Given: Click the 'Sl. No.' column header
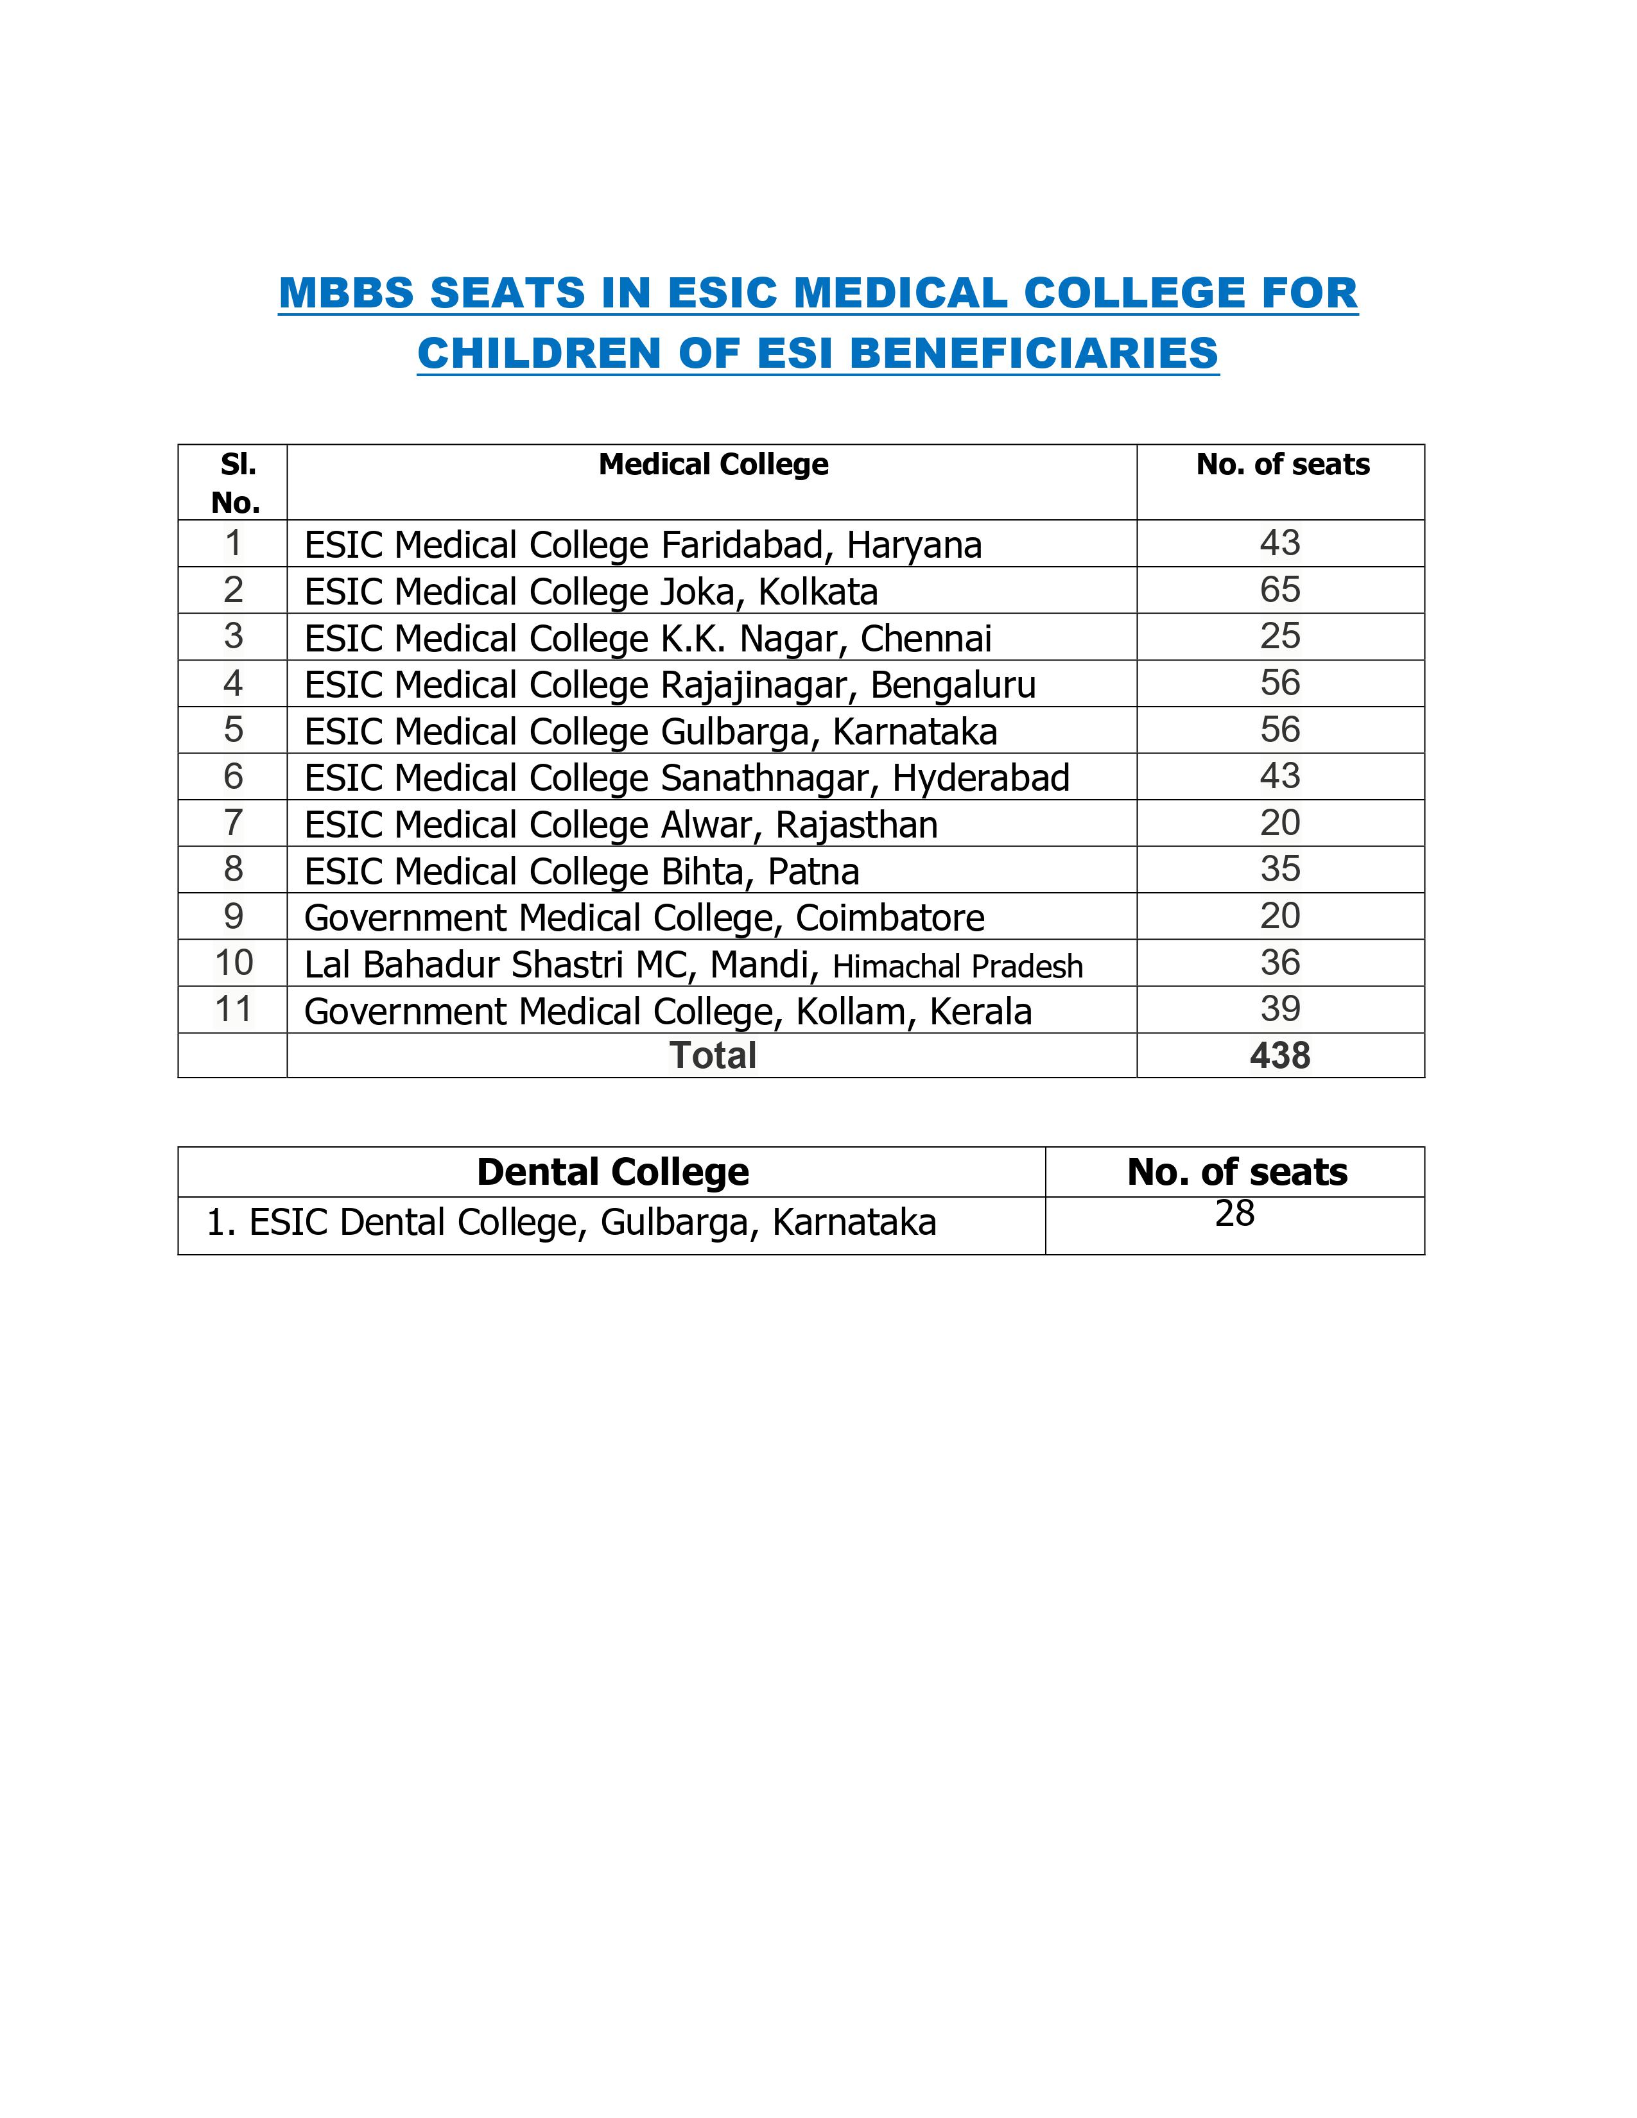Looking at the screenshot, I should click(x=236, y=483).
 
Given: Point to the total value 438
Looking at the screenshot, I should click(x=1279, y=1055).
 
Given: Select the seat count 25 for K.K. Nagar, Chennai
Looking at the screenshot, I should click(x=1279, y=636).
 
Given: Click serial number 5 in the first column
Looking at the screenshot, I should click(x=233, y=729).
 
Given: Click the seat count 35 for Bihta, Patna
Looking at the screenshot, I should click(x=1279, y=869).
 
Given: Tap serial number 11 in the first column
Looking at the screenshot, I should click(x=233, y=1010).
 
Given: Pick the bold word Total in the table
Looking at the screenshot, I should click(x=713, y=1055).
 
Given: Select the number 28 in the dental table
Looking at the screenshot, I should click(x=1234, y=1213).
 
